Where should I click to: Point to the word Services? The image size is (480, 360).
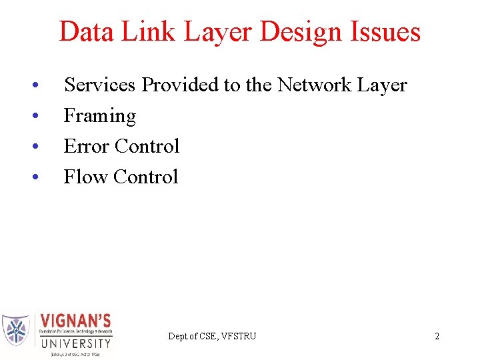pos(100,85)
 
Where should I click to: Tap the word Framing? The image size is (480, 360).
pos(99,117)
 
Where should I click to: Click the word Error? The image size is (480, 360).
pos(87,146)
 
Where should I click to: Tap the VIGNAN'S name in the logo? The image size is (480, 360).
pos(76,321)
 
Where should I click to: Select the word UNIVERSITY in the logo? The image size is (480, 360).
pos(76,344)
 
